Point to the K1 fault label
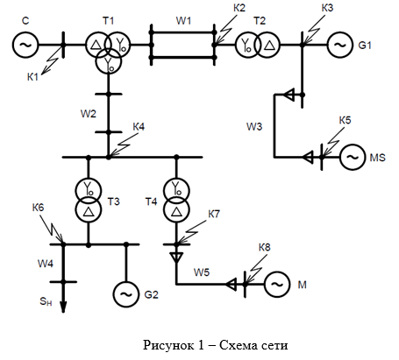click(x=32, y=77)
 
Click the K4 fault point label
click(x=139, y=127)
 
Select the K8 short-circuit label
click(x=265, y=247)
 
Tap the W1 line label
click(x=183, y=21)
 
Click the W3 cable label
click(x=254, y=127)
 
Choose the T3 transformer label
click(x=114, y=201)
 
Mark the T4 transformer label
click(x=152, y=201)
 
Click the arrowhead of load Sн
click(x=63, y=307)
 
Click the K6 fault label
click(x=38, y=208)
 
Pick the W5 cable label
click(x=202, y=272)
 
